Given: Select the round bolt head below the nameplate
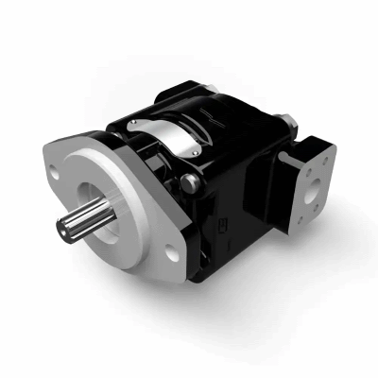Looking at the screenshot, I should (x=193, y=182).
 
